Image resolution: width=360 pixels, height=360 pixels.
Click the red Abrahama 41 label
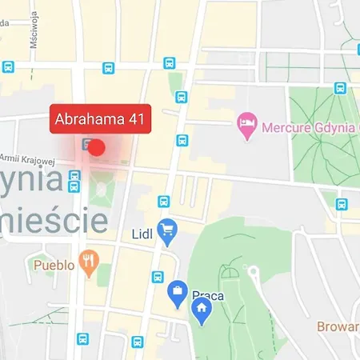click(100, 120)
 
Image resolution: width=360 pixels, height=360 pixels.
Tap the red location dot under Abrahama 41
click(97, 147)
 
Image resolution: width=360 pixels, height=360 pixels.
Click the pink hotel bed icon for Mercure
click(246, 122)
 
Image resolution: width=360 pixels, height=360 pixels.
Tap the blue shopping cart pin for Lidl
click(167, 232)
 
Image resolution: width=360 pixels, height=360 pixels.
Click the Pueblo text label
click(54, 263)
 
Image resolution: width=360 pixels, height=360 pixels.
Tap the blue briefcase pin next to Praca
click(178, 294)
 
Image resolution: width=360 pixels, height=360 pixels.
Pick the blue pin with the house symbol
click(202, 310)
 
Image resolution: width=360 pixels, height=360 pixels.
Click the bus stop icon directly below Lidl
click(158, 277)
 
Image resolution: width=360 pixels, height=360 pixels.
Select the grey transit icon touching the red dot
click(85, 144)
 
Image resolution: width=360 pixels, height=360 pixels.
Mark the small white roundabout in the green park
click(253, 271)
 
